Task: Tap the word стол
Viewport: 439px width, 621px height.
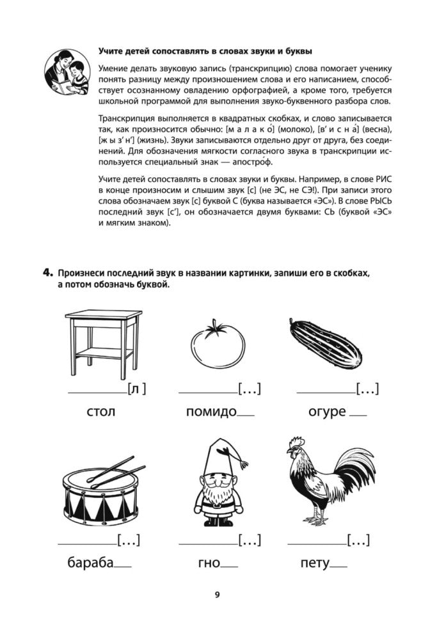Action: point(100,411)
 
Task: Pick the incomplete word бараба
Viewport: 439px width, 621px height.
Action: point(90,563)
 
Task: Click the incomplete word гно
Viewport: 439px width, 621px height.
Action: point(209,563)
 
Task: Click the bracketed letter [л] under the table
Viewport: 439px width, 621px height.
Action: point(136,389)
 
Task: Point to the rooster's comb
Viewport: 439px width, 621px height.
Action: point(296,442)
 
